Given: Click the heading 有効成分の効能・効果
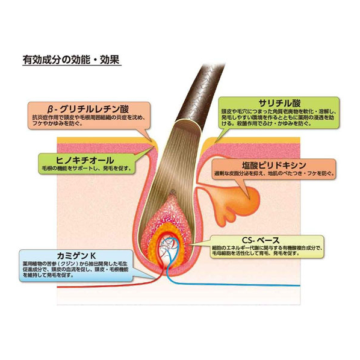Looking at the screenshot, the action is pos(71,60).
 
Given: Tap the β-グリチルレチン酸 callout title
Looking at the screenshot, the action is pos(89,109).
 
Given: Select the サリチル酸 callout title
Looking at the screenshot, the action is pos(279,104).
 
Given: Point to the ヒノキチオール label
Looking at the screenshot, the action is pos(85,160).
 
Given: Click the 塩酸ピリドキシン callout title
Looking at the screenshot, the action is pos(274,166).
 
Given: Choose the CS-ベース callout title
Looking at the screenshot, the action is pos(261,240).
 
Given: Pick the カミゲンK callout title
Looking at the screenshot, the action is pos(76,255).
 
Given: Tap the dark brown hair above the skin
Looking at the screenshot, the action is pos(200,93).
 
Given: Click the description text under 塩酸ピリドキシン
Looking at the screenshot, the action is pos(274,173).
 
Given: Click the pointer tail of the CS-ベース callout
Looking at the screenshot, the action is pos(199,243).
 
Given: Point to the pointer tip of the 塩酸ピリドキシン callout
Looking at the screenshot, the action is pos(249,197).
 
